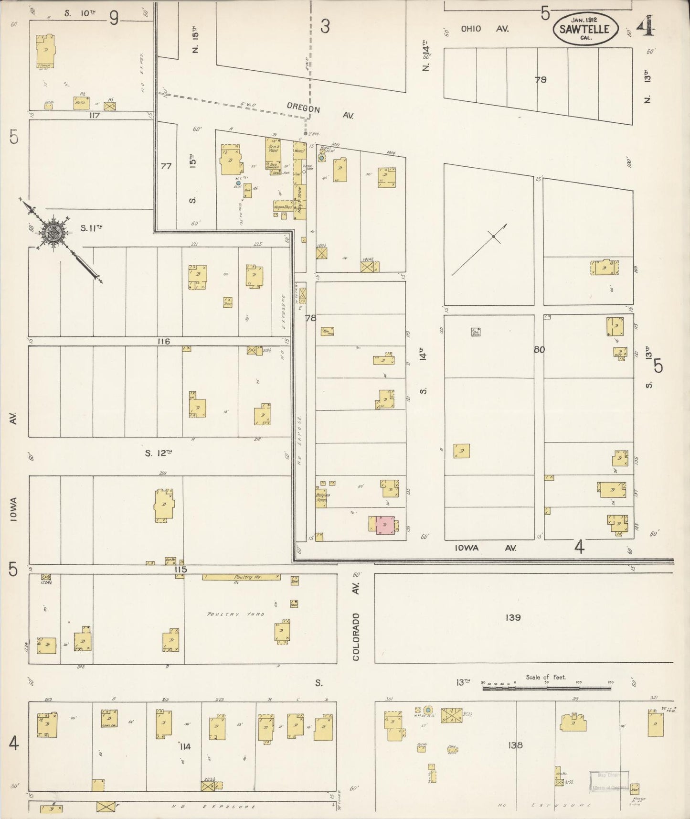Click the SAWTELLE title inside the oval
585,29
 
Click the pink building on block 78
385,525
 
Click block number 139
513,617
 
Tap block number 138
516,744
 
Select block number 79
541,80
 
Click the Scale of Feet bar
547,688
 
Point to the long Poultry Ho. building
241,577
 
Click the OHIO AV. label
484,29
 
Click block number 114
185,746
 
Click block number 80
539,349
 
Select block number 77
166,166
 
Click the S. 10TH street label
80,13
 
